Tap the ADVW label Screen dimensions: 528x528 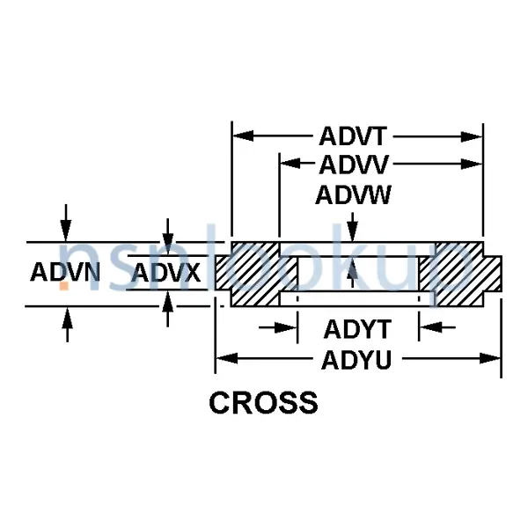(354, 194)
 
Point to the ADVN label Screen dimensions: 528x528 (65, 273)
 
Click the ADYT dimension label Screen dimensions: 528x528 (357, 329)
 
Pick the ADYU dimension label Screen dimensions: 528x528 (357, 359)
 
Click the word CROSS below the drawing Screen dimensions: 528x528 (263, 403)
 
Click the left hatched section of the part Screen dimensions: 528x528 (255, 274)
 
